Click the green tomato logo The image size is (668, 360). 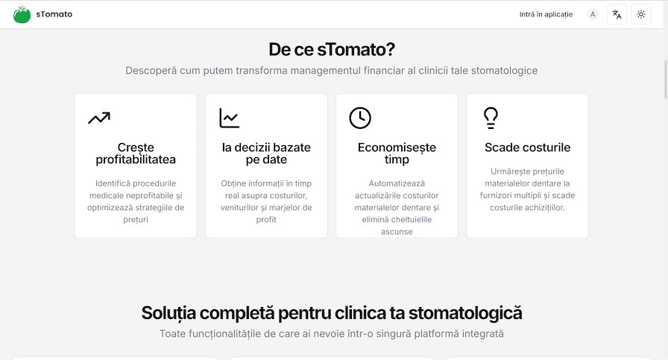pos(22,14)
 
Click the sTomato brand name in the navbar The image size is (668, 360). pos(54,14)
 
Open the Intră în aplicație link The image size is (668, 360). pos(546,14)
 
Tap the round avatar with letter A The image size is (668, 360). pos(593,14)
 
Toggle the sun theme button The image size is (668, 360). pos(640,14)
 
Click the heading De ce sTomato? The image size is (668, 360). pos(332,50)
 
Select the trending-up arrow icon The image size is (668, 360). pos(98,118)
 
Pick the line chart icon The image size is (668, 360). pos(230,118)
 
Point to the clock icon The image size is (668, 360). pos(360,118)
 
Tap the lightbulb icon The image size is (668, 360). pos(491,117)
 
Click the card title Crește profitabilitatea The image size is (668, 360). pos(136,154)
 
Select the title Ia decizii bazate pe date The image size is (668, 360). pos(266,154)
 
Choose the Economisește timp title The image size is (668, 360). pos(397,154)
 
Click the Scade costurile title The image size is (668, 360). pos(527,148)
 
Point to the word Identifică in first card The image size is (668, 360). pos(116,183)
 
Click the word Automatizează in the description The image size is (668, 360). pos(397,183)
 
